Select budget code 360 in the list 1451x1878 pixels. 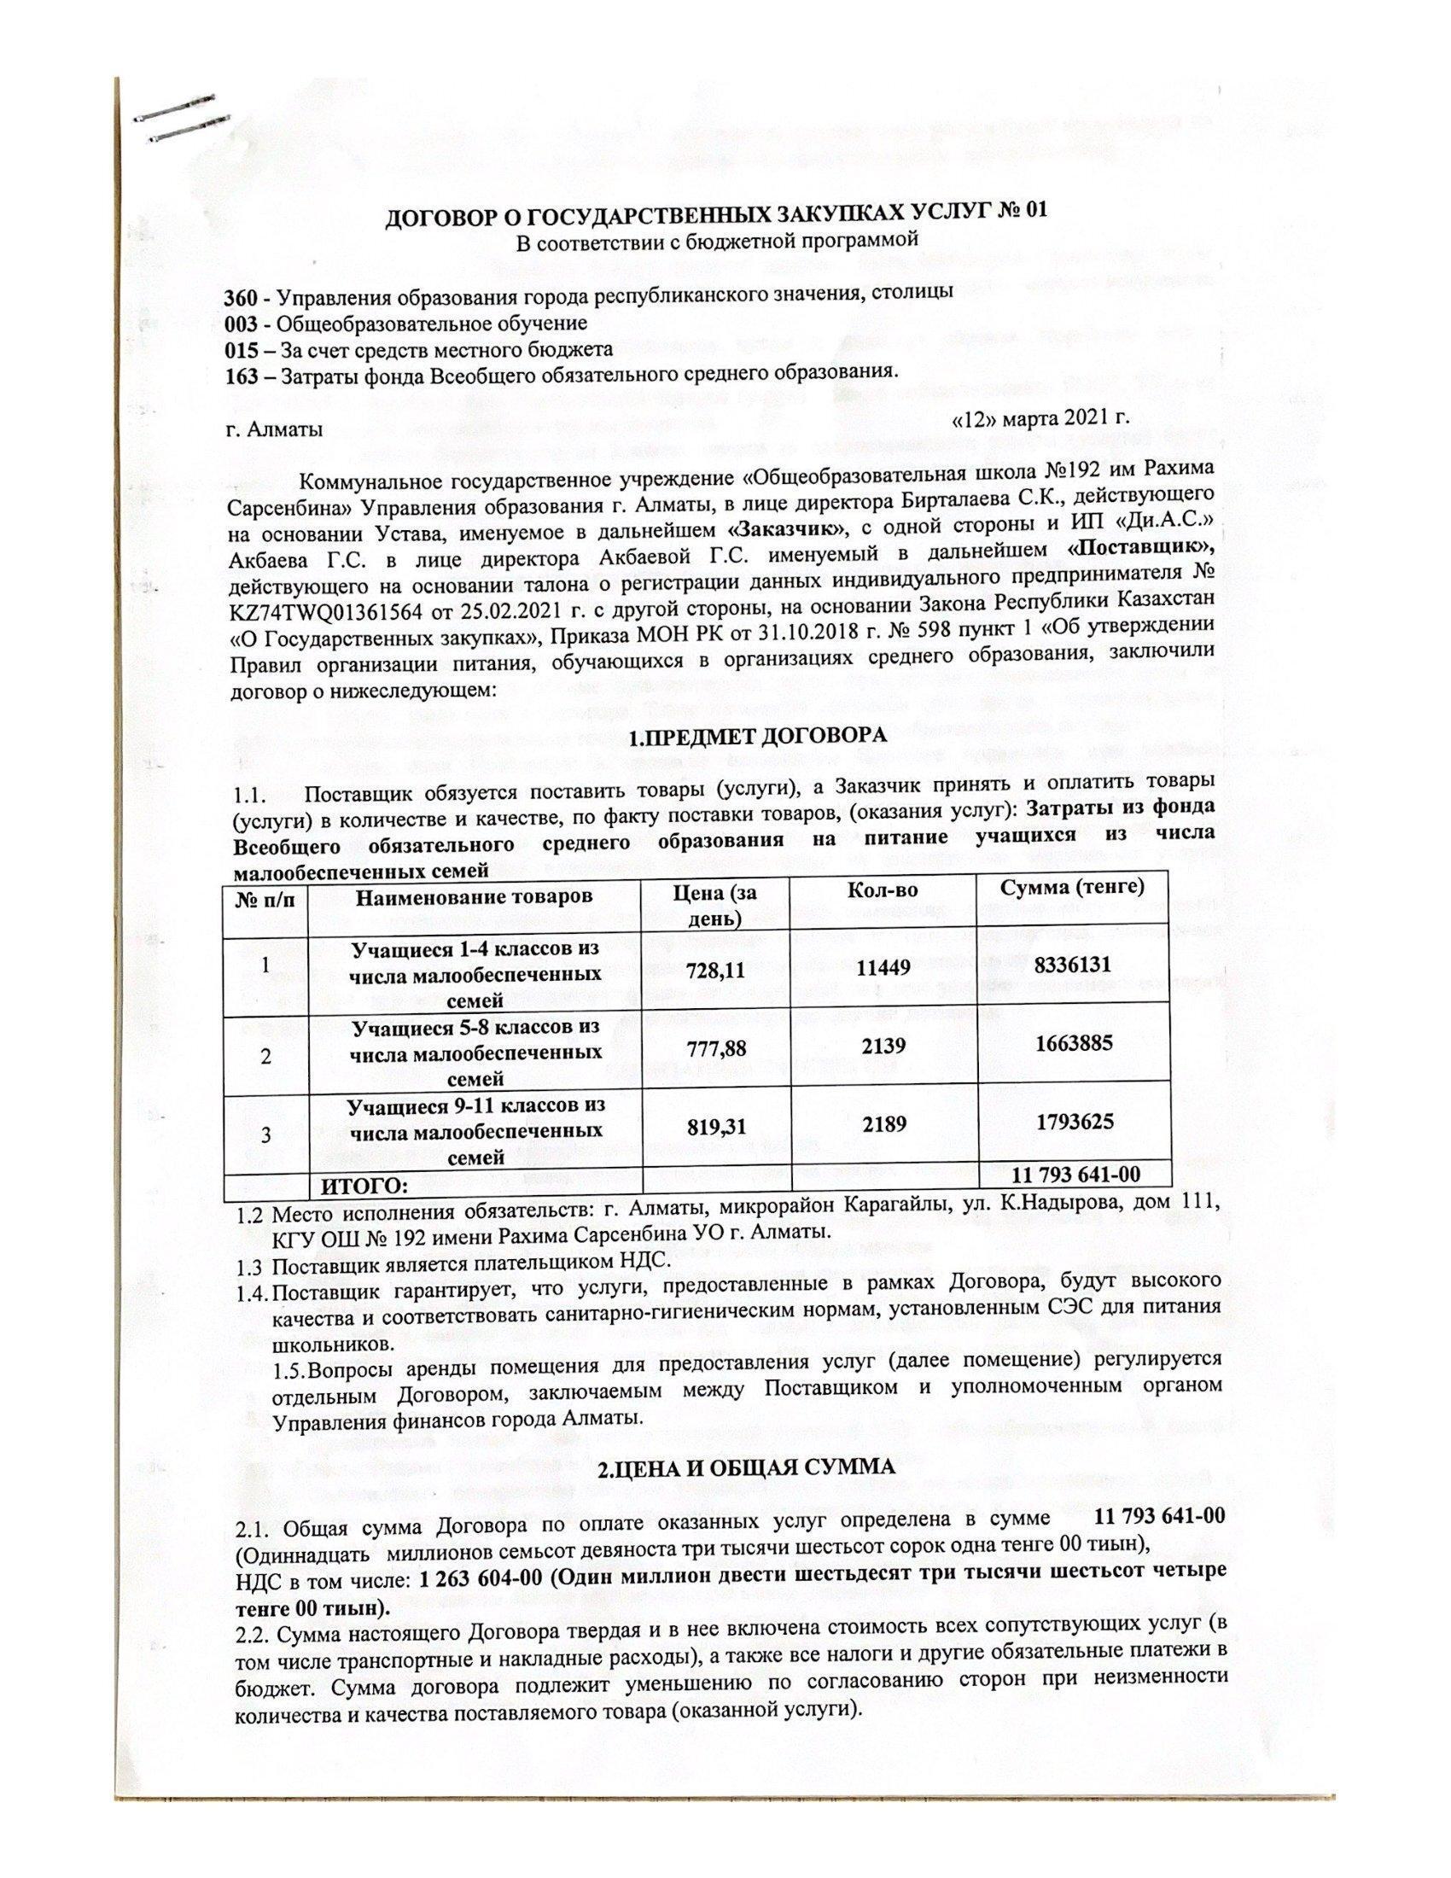tap(240, 293)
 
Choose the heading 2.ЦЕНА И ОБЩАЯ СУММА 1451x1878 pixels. tap(748, 1469)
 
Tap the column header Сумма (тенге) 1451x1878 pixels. tap(1073, 888)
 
